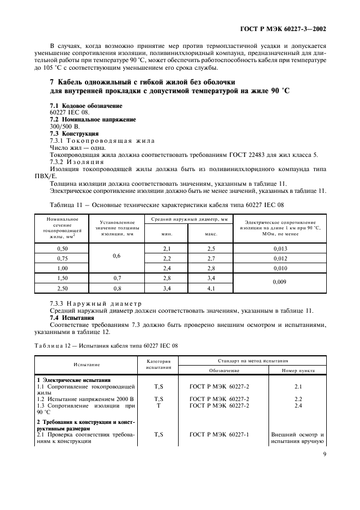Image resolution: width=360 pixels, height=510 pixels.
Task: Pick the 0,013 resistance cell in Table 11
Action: coord(280,248)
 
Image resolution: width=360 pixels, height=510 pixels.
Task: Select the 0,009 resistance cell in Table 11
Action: coord(280,282)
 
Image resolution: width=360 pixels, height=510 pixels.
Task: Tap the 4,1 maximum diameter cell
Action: coord(211,288)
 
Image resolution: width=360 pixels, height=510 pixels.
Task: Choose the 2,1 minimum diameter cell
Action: coord(167,248)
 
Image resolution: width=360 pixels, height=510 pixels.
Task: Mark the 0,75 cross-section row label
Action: coord(62,258)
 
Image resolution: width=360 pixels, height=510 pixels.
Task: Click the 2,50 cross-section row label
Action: coord(62,288)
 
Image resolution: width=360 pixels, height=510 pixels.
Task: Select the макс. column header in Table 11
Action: coord(211,234)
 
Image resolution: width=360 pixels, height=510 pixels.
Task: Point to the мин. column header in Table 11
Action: coord(167,234)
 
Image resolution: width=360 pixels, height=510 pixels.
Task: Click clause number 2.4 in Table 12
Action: coord(298,406)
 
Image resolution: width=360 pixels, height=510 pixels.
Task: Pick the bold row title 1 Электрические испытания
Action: coord(74,379)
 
